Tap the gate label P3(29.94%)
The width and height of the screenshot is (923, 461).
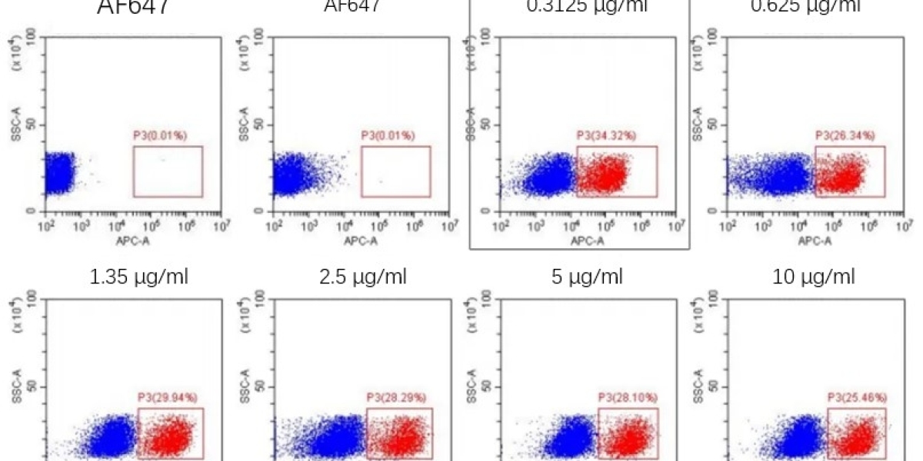(168, 397)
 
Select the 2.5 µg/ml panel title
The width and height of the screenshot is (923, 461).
(363, 277)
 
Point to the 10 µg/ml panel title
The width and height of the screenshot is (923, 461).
(813, 277)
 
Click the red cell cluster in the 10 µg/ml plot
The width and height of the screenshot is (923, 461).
(858, 438)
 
